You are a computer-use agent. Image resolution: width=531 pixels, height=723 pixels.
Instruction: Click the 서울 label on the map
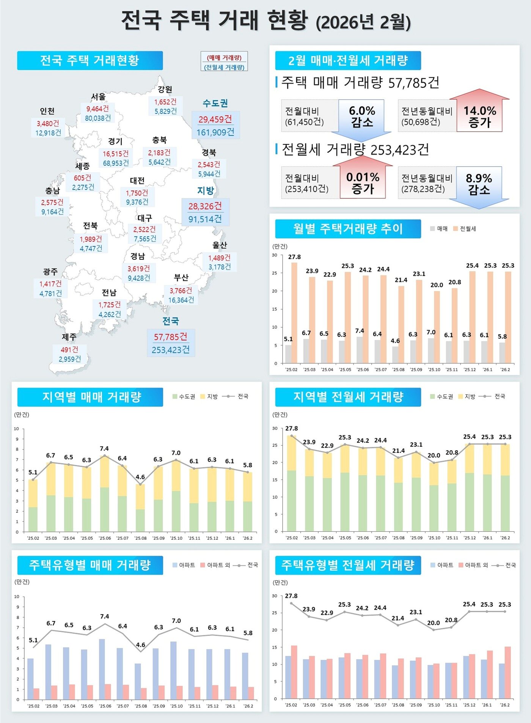click(x=98, y=97)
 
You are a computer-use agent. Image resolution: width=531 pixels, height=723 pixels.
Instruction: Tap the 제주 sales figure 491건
click(x=70, y=349)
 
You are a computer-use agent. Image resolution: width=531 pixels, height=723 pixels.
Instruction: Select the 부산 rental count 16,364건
click(x=181, y=300)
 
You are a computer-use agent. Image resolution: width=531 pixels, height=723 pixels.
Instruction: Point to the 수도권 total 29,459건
click(x=215, y=119)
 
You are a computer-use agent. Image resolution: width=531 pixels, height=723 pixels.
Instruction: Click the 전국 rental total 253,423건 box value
click(x=171, y=350)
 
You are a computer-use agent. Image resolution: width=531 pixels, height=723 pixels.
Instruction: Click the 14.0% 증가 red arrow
click(x=479, y=114)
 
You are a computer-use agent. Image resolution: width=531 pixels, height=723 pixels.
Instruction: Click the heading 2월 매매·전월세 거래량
click(x=348, y=61)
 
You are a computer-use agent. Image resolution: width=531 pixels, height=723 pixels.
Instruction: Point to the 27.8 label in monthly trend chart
click(x=294, y=257)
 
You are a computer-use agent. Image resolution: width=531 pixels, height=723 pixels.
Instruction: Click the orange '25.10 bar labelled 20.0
click(x=437, y=326)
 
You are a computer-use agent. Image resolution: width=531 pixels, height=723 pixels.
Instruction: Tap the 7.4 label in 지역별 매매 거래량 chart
click(x=104, y=449)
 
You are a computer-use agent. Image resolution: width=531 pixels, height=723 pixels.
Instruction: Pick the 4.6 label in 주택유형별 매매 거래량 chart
click(x=141, y=645)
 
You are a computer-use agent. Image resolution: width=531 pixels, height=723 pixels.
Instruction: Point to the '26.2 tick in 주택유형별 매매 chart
click(x=248, y=706)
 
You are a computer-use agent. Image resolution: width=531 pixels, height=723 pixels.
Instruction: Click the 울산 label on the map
click(x=220, y=245)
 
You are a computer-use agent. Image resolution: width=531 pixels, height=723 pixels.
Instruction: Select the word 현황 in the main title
click(x=287, y=20)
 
